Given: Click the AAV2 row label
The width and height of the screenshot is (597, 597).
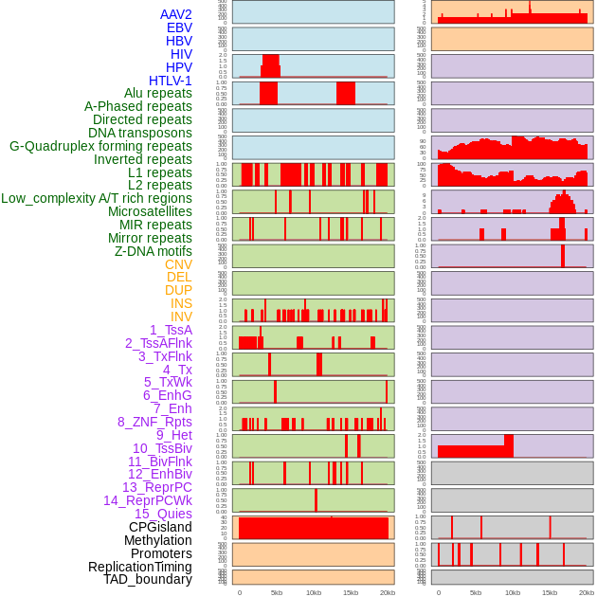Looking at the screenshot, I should tap(175, 14).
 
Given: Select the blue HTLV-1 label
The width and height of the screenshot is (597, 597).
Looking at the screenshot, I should tap(170, 81).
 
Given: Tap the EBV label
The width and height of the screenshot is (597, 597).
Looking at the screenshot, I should tap(179, 27).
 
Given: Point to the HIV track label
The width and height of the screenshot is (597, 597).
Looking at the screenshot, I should tap(181, 54).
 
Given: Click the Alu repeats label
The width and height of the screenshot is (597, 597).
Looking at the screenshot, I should tap(157, 93).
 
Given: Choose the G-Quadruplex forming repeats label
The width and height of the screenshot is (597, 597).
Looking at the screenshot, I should tap(100, 146).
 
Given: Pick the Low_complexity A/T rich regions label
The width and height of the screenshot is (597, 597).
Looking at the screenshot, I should tap(97, 198).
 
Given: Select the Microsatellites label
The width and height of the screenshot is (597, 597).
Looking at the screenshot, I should tap(150, 211).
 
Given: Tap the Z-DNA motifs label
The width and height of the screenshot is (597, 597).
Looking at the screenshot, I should tap(153, 251).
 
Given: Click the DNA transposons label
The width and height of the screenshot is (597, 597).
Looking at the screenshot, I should tap(140, 133).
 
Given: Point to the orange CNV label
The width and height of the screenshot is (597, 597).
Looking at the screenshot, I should tap(178, 264).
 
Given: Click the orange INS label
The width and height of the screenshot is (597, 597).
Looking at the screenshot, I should tap(181, 303).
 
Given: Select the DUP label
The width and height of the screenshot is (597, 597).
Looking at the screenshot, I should tap(178, 290).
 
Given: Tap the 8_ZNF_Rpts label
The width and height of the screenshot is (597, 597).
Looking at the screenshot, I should tap(154, 422).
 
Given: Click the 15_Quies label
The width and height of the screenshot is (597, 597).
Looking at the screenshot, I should tap(162, 514).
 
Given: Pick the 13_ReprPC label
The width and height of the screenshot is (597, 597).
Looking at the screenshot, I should tap(156, 487).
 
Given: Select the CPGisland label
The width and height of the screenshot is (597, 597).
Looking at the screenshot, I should tap(160, 527).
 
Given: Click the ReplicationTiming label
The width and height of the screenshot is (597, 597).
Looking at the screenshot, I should tap(139, 567).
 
